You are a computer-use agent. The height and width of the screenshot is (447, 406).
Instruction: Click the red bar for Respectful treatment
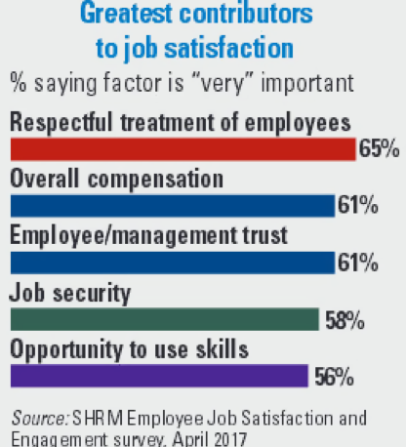tap(182, 148)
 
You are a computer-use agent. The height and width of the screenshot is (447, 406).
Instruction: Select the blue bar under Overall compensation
tap(172, 205)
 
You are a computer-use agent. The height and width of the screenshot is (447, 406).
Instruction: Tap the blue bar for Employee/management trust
tap(172, 262)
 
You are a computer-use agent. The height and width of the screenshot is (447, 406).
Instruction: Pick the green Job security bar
tap(164, 319)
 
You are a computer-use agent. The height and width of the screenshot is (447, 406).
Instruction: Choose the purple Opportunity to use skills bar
tap(159, 375)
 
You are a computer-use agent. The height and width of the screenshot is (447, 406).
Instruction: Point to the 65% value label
tap(378, 149)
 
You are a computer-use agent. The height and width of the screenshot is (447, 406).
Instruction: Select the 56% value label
tap(332, 376)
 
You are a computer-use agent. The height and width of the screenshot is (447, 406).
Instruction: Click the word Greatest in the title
tap(124, 15)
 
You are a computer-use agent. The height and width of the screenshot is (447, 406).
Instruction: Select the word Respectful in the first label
tap(56, 121)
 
